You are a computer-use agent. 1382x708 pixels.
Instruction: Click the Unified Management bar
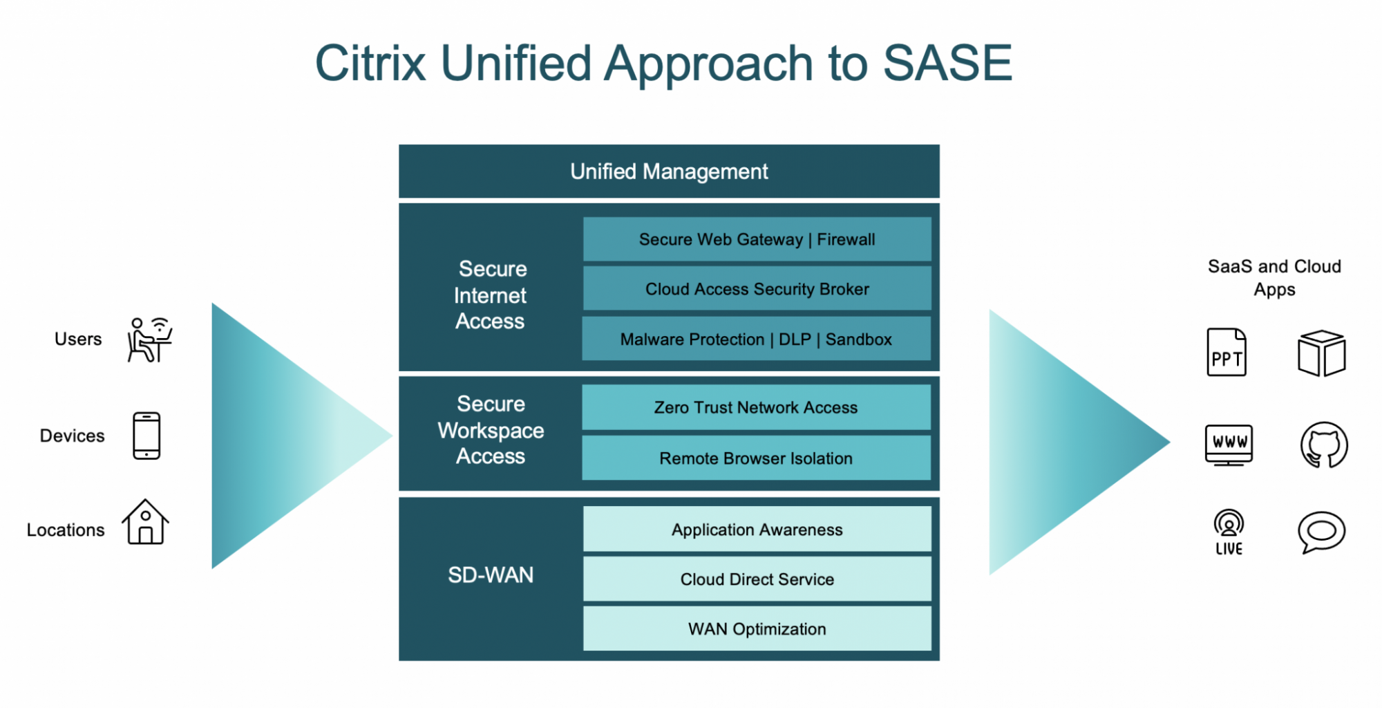coord(669,171)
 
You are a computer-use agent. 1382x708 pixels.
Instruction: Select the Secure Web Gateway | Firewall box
coord(757,239)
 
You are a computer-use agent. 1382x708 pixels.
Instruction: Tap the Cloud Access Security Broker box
coord(757,289)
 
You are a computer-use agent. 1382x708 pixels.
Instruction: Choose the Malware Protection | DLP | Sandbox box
coord(756,339)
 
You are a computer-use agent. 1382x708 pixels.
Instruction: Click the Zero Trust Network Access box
coord(756,407)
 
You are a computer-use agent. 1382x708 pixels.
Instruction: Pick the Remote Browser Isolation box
coord(756,458)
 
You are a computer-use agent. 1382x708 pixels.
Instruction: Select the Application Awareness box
coord(757,530)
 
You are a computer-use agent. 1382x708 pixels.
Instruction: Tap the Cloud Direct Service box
coord(757,579)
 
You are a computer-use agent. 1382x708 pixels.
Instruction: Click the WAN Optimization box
coord(757,629)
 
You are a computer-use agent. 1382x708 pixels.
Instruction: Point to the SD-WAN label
coord(491,575)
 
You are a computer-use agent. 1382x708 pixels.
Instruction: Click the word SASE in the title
coord(947,64)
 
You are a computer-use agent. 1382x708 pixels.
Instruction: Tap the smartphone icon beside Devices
coord(146,436)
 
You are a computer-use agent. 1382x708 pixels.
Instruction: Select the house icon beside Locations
coord(145,523)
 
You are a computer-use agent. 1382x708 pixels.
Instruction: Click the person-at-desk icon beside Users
coord(149,339)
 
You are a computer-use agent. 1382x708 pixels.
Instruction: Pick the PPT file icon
coord(1227,353)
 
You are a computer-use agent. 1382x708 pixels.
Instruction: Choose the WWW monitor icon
coord(1229,445)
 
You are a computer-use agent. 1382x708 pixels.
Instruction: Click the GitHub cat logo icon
coord(1323,445)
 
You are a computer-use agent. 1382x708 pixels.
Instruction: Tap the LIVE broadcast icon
coord(1229,532)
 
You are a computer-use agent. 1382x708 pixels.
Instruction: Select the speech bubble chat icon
coord(1321,532)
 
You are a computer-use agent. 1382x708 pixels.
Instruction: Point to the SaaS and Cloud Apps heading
coord(1274,277)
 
